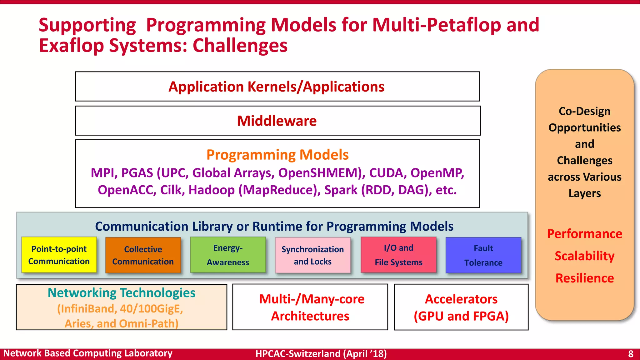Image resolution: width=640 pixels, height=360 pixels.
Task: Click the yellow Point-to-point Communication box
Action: (x=59, y=255)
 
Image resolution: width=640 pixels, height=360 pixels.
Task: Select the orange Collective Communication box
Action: (x=143, y=255)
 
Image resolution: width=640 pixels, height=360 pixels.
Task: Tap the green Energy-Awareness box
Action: (x=228, y=255)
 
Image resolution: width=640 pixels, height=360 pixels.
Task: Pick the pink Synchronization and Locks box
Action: (x=312, y=255)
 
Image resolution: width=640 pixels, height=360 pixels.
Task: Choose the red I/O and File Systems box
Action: (x=398, y=255)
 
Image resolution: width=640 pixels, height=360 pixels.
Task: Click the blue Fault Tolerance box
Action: (x=483, y=255)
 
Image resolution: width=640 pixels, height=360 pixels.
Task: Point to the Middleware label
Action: (x=277, y=121)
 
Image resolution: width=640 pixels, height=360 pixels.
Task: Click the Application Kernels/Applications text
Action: (x=276, y=87)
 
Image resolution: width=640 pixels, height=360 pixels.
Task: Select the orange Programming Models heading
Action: (x=277, y=155)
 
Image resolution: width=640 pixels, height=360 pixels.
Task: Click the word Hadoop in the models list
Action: (x=212, y=190)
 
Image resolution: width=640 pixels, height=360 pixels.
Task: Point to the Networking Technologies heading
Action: (x=122, y=293)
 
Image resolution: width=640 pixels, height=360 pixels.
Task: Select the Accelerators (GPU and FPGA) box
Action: (x=461, y=307)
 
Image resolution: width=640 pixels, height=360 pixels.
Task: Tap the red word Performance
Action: (x=584, y=234)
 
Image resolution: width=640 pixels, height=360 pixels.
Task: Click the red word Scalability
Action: (x=584, y=256)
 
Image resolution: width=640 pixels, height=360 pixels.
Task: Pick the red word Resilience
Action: (x=584, y=278)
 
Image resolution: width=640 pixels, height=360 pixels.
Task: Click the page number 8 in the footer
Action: (x=630, y=354)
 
